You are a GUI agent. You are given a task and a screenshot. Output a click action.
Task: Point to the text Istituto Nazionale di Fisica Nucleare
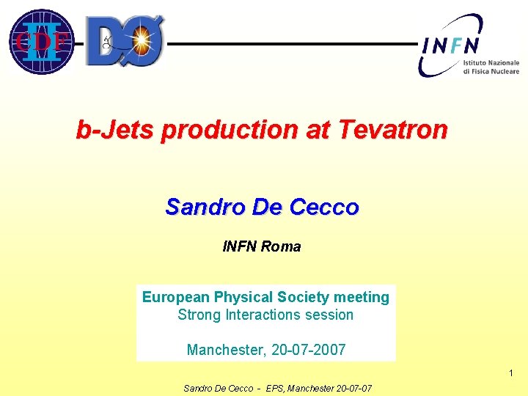tap(491, 67)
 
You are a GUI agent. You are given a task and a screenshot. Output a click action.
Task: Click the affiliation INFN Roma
tap(262, 247)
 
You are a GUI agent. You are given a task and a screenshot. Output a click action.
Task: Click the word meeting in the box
tap(362, 297)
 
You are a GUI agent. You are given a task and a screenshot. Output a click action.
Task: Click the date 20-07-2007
tap(308, 350)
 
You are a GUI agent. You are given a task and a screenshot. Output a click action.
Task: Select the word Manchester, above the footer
tap(226, 350)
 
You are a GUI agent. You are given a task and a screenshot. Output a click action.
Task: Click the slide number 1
tap(511, 375)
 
